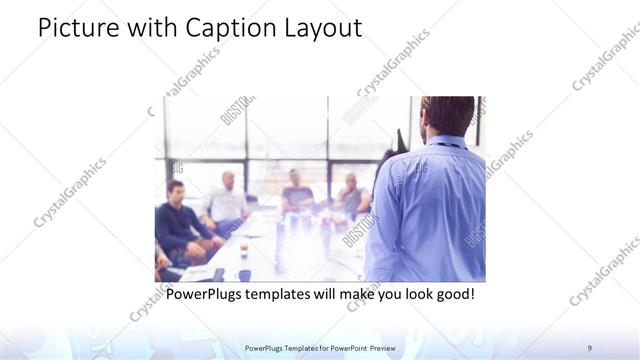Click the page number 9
pos(590,348)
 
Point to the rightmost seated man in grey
pos(351,195)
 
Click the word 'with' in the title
pos(147,29)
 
